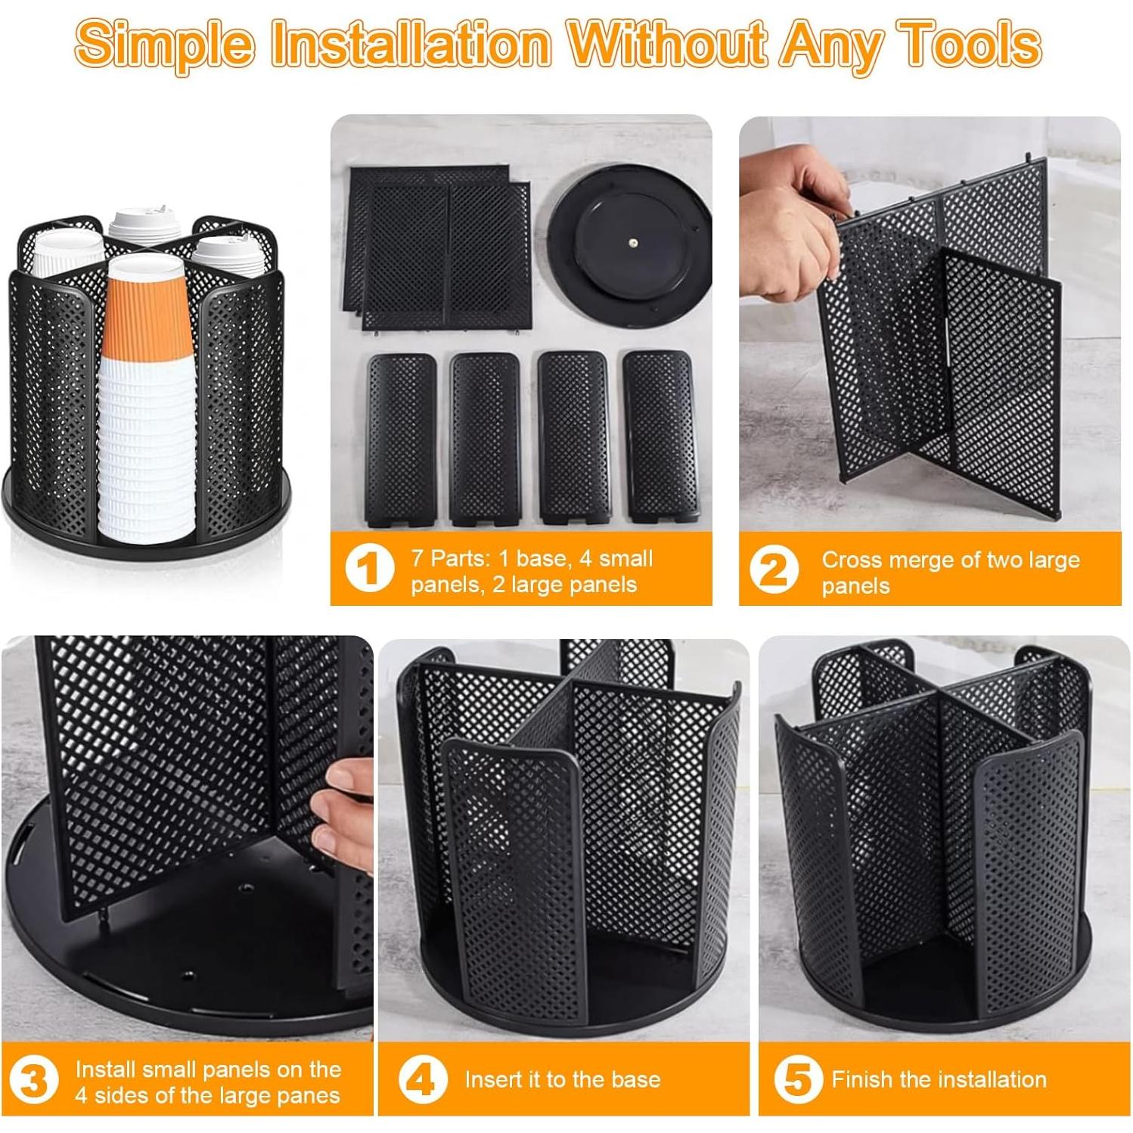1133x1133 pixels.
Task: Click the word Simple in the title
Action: pos(165,44)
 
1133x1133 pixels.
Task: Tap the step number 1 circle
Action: pos(369,569)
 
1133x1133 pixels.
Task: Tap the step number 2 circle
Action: pos(774,570)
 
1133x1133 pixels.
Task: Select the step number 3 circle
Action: pos(33,1081)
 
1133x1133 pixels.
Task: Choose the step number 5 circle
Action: pos(798,1079)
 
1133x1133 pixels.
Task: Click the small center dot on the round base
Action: pos(633,244)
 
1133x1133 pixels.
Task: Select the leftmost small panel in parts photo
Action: pos(401,439)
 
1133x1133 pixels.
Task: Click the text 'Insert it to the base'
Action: pos(563,1079)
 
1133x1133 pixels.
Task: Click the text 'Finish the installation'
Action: pos(939,1079)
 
